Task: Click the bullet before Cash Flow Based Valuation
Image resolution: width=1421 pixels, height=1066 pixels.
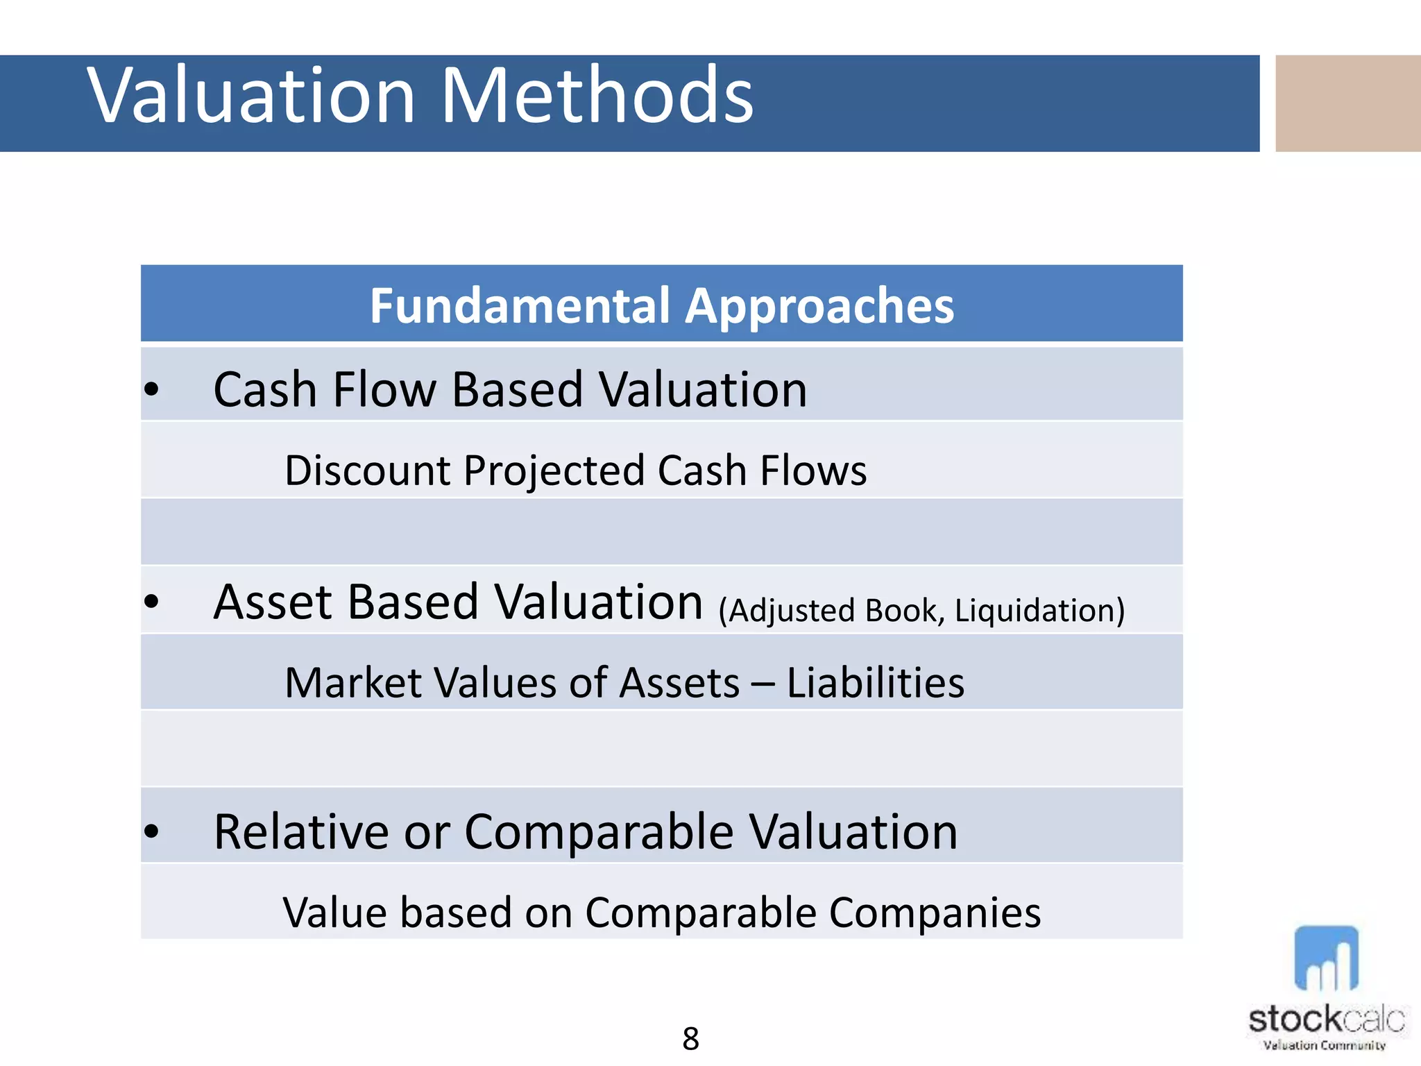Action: pos(151,389)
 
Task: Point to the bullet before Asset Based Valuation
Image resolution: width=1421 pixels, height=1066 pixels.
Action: pos(151,602)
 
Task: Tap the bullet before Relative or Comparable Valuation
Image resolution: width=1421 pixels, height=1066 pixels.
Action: pos(151,831)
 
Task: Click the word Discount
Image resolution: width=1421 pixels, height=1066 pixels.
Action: pos(368,471)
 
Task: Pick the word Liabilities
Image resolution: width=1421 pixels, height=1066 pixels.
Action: pos(875,682)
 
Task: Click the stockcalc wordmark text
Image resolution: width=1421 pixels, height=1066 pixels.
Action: pos(1326,1020)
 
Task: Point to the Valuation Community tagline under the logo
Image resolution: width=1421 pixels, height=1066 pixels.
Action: pos(1324,1045)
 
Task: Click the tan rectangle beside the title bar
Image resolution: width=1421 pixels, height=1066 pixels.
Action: pos(1347,103)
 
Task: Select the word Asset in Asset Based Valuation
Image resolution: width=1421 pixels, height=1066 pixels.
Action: pos(275,602)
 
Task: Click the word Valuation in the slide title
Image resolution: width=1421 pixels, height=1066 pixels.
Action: pos(251,96)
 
